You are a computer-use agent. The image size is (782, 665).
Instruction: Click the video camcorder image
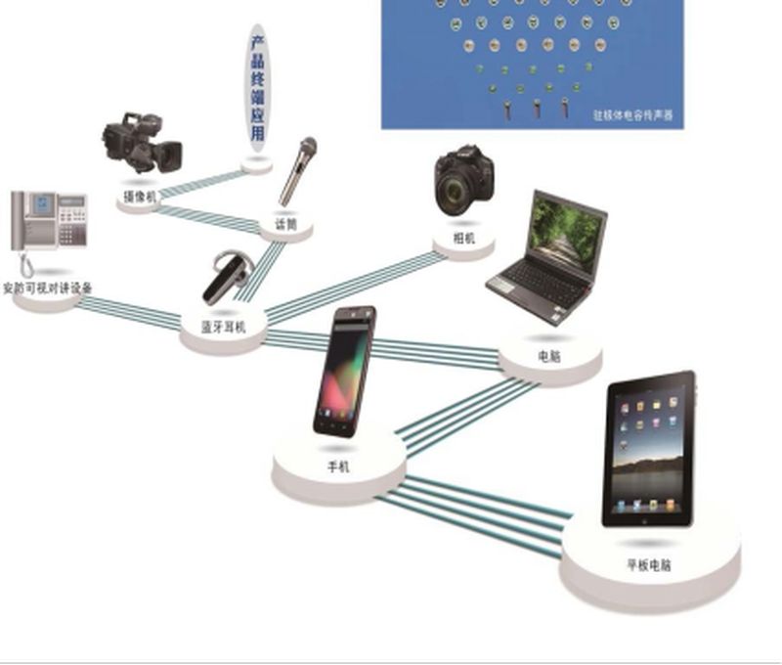[x=143, y=144]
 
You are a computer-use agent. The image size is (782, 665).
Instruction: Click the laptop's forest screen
[x=566, y=231]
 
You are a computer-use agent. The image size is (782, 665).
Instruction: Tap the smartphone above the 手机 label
[x=343, y=371]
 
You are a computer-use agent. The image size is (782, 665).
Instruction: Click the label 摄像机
[x=140, y=198]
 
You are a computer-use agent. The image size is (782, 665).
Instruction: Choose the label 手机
[x=338, y=466]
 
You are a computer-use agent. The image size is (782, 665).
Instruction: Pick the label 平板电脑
[x=649, y=565]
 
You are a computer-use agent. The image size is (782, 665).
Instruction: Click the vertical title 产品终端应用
[x=258, y=88]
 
